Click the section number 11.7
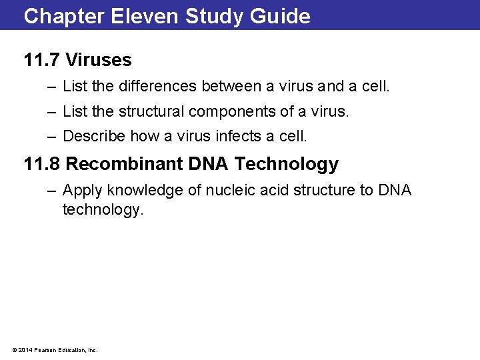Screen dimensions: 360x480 pos(41,60)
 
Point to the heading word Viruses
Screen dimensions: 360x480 pos(99,60)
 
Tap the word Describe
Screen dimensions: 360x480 pos(93,137)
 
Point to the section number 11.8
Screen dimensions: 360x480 pos(41,164)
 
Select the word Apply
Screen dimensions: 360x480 pos(79,191)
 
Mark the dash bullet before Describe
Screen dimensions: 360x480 pos(52,137)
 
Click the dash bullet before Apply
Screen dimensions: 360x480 pos(52,191)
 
